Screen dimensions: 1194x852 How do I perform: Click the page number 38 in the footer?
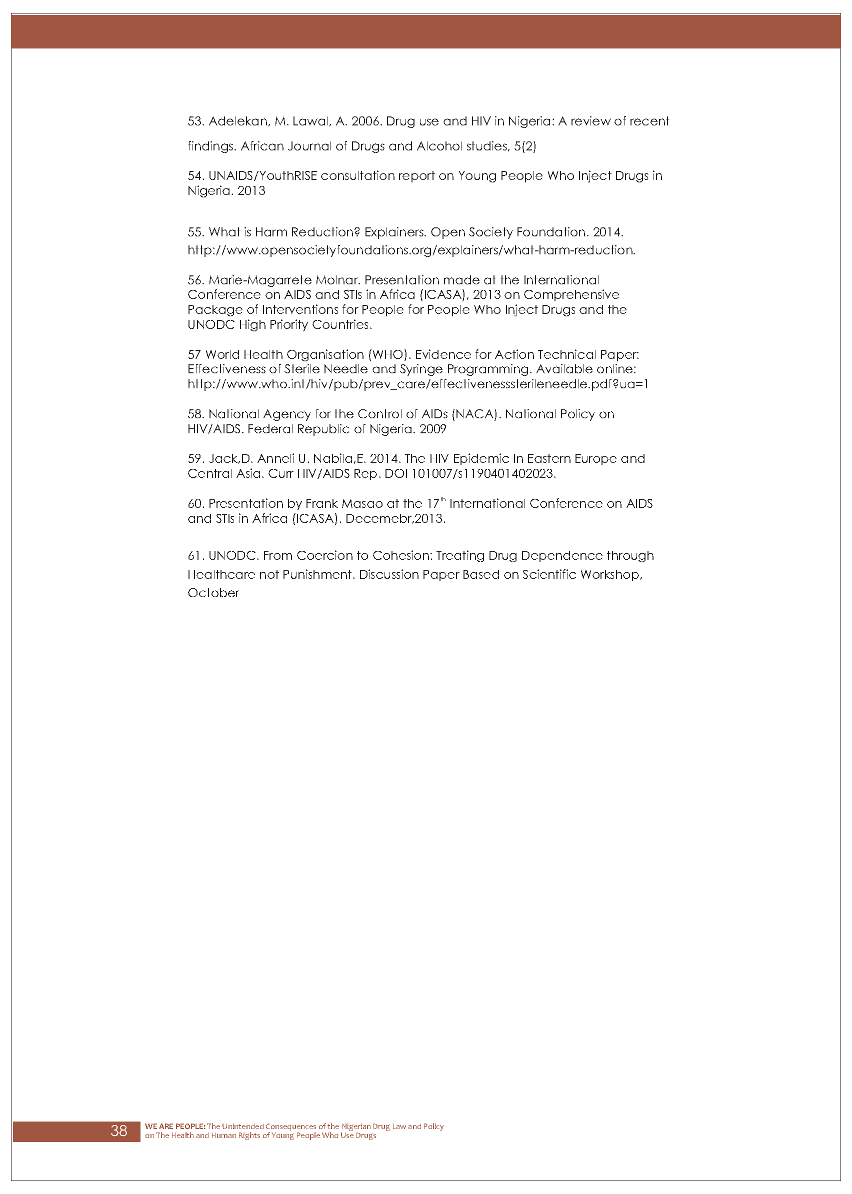click(x=118, y=1130)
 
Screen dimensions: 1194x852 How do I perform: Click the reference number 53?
click(x=195, y=121)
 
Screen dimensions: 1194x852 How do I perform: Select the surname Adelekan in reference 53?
click(x=238, y=121)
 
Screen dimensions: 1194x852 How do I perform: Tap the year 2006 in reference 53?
click(x=365, y=121)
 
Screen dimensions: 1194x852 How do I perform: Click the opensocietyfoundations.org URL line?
click(x=411, y=250)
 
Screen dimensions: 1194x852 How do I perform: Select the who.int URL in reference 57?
click(x=418, y=384)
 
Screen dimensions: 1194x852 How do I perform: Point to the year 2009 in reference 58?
click(x=432, y=429)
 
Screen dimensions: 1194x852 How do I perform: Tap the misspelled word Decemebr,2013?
click(x=395, y=519)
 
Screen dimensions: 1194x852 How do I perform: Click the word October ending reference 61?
click(x=213, y=593)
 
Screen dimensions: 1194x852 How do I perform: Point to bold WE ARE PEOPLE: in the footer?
click(x=175, y=1126)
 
